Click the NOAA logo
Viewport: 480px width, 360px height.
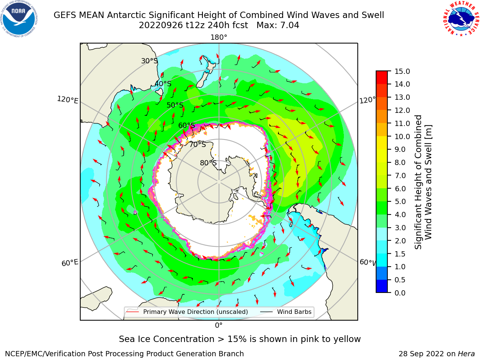point(19,19)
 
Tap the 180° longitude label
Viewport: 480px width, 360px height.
point(219,37)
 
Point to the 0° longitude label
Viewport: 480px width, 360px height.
point(219,325)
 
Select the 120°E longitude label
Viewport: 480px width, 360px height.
point(67,100)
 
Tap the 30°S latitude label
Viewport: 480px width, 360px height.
point(149,61)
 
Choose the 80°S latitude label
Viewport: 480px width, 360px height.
point(208,163)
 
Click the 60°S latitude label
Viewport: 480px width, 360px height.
point(186,125)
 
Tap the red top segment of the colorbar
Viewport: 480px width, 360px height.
point(382,78)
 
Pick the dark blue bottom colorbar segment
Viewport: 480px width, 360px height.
point(382,286)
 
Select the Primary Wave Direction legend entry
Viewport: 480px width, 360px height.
point(187,312)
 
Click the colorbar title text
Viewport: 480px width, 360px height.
point(423,182)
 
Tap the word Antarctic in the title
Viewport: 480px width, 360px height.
point(126,15)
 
